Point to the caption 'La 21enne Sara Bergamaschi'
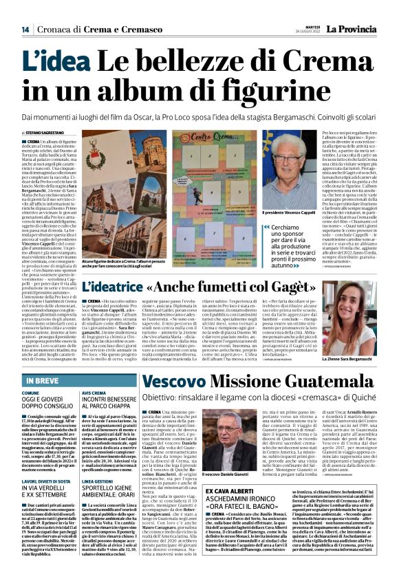pos(344,360)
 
